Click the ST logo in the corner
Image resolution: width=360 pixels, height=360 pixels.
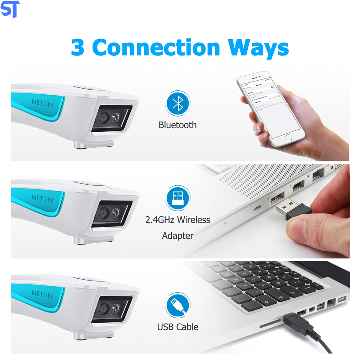[10, 9]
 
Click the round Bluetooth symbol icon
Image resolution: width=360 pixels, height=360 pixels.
[177, 104]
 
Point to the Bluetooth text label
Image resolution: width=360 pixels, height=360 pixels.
[177, 125]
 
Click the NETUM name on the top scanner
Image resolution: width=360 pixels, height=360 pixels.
[42, 104]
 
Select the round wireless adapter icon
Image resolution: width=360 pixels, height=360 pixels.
[177, 198]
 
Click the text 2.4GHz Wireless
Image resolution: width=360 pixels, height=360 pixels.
[177, 220]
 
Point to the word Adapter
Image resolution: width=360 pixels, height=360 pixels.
[177, 236]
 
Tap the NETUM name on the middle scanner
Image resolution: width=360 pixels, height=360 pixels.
[42, 198]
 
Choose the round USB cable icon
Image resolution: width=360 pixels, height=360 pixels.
[177, 305]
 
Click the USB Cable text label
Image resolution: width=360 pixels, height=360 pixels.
[177, 327]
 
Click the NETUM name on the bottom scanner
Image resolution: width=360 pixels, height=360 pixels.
[42, 294]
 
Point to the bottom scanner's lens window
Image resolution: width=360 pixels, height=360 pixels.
[111, 308]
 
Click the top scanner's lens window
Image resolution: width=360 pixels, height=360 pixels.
[111, 118]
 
